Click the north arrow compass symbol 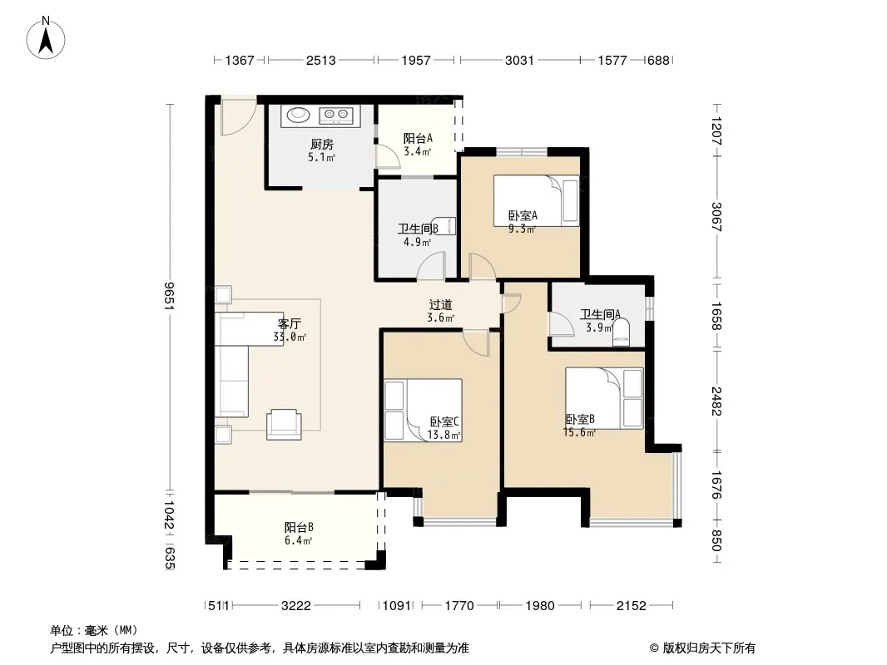coord(46,38)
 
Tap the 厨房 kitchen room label coord(322,144)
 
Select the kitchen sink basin coord(298,116)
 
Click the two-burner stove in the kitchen coord(336,116)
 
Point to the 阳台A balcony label coord(418,138)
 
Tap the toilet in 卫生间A coord(621,332)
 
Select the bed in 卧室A coord(536,200)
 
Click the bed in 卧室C coord(424,410)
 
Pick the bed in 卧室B coord(604,398)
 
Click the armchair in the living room coord(284,424)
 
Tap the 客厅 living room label coord(289,323)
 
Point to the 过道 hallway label coord(440,304)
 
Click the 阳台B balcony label coord(299,527)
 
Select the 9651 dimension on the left coord(169,295)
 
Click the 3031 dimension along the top coord(519,60)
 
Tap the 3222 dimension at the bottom coord(296,606)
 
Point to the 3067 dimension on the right coord(716,217)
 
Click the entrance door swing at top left coord(238,117)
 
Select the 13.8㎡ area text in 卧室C coord(443,435)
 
